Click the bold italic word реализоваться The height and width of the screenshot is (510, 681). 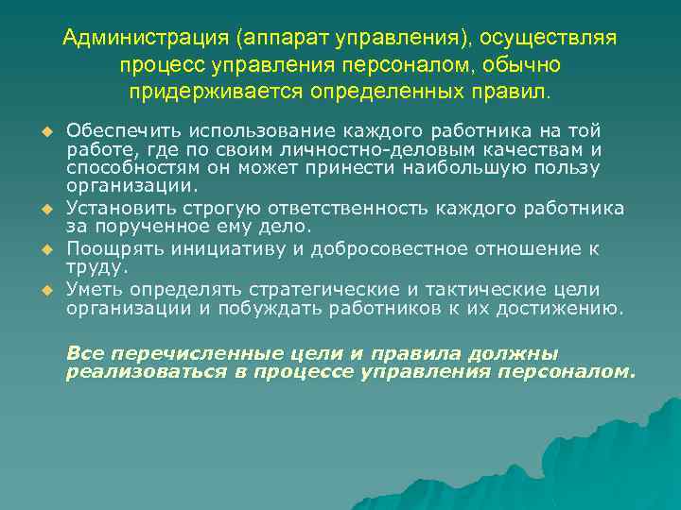(x=142, y=371)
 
